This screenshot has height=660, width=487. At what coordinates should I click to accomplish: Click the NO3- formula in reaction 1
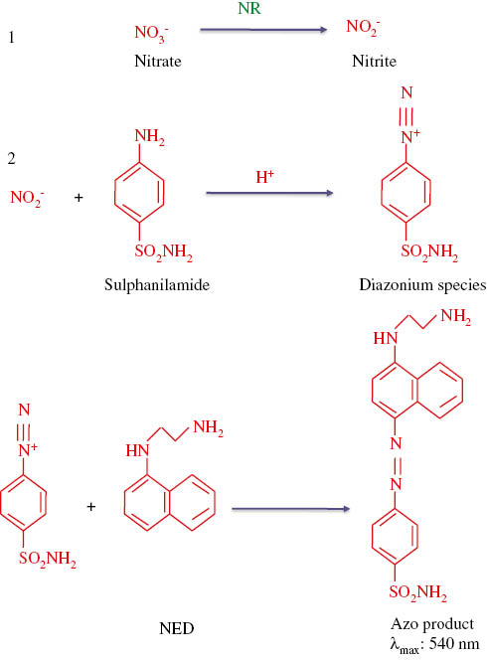(152, 37)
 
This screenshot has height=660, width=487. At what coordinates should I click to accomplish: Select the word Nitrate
(156, 61)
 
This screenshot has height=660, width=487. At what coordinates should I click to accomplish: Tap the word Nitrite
(373, 61)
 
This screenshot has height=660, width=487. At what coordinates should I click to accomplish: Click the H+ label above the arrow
(264, 176)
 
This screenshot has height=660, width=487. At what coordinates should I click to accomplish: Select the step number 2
(12, 158)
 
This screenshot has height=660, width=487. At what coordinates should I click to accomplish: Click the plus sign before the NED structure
(91, 507)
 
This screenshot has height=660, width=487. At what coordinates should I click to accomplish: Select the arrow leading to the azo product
(289, 510)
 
